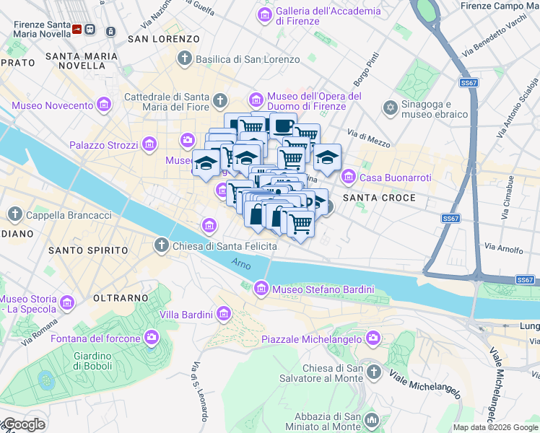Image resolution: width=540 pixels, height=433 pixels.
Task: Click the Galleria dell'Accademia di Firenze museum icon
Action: point(265,14)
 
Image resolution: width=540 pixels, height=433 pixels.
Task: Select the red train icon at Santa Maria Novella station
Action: point(77,30)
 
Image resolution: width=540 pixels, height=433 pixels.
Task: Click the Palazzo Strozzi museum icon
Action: point(149,145)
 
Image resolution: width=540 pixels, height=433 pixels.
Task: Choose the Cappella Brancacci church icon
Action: point(14,214)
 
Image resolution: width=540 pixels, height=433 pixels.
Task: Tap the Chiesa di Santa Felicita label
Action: point(225,246)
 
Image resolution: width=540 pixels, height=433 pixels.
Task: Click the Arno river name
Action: point(242,264)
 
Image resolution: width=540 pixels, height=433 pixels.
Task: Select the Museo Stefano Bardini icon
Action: point(262,289)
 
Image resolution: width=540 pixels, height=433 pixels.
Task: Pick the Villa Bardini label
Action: point(186,314)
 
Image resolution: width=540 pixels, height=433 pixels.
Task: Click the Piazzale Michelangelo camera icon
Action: point(373,338)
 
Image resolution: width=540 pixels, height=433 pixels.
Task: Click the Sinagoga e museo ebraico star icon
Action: point(391,108)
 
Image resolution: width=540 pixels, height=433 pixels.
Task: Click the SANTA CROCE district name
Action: point(379,197)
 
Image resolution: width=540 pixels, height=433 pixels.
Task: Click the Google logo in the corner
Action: point(23,424)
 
